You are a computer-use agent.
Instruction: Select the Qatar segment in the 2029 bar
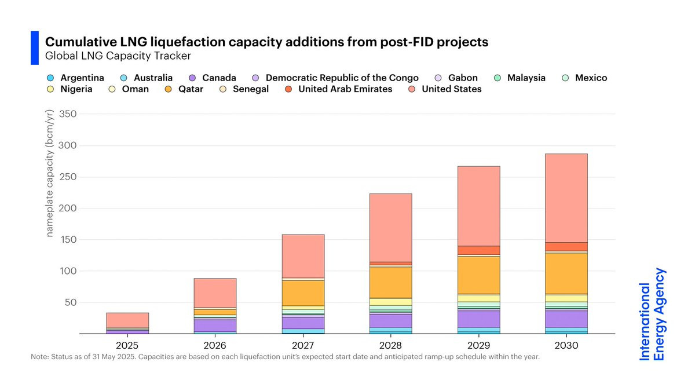[478, 275]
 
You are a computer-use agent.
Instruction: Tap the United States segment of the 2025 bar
[127, 320]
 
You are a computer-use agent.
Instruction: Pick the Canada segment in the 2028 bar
[390, 321]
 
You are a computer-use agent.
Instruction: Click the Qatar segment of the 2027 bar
[303, 293]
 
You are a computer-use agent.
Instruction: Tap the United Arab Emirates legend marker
[288, 89]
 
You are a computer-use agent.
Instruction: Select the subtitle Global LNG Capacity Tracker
[118, 56]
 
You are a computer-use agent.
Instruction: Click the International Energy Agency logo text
[652, 315]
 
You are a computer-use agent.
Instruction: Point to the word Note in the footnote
[41, 357]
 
